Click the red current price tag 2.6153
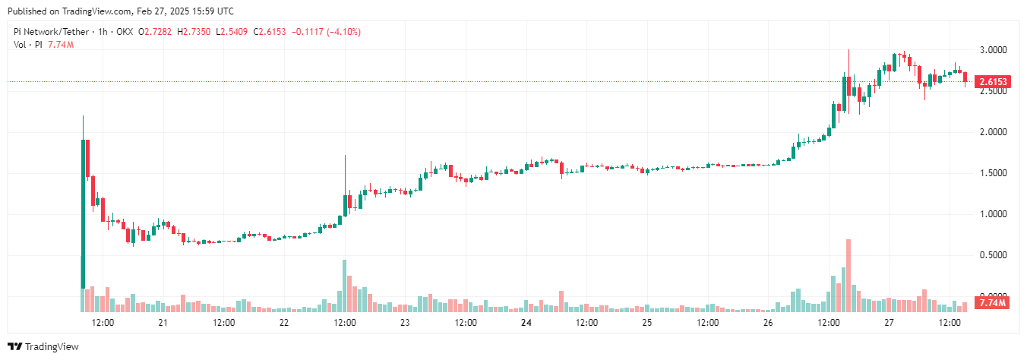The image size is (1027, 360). [994, 81]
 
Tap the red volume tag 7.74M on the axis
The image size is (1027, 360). [992, 303]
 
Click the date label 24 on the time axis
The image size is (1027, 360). [526, 323]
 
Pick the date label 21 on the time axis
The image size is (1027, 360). [163, 323]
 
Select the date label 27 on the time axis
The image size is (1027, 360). [889, 323]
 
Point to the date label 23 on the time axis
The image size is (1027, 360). [405, 323]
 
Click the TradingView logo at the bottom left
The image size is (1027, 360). [44, 346]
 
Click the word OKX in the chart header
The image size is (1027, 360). [126, 32]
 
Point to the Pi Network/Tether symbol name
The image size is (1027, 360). [49, 32]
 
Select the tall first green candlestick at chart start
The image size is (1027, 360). [83, 213]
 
